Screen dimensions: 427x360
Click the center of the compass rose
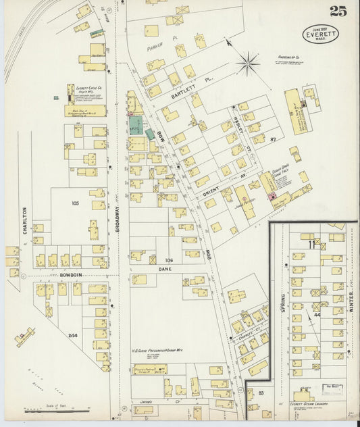248,64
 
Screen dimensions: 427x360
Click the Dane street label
166,269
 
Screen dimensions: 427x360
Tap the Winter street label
351,301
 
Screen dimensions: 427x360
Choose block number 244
73,335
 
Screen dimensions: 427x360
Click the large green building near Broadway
136,124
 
